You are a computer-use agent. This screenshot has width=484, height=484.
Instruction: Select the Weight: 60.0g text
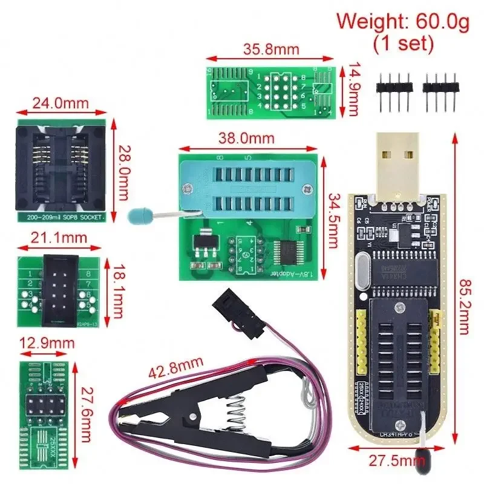[403, 23]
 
